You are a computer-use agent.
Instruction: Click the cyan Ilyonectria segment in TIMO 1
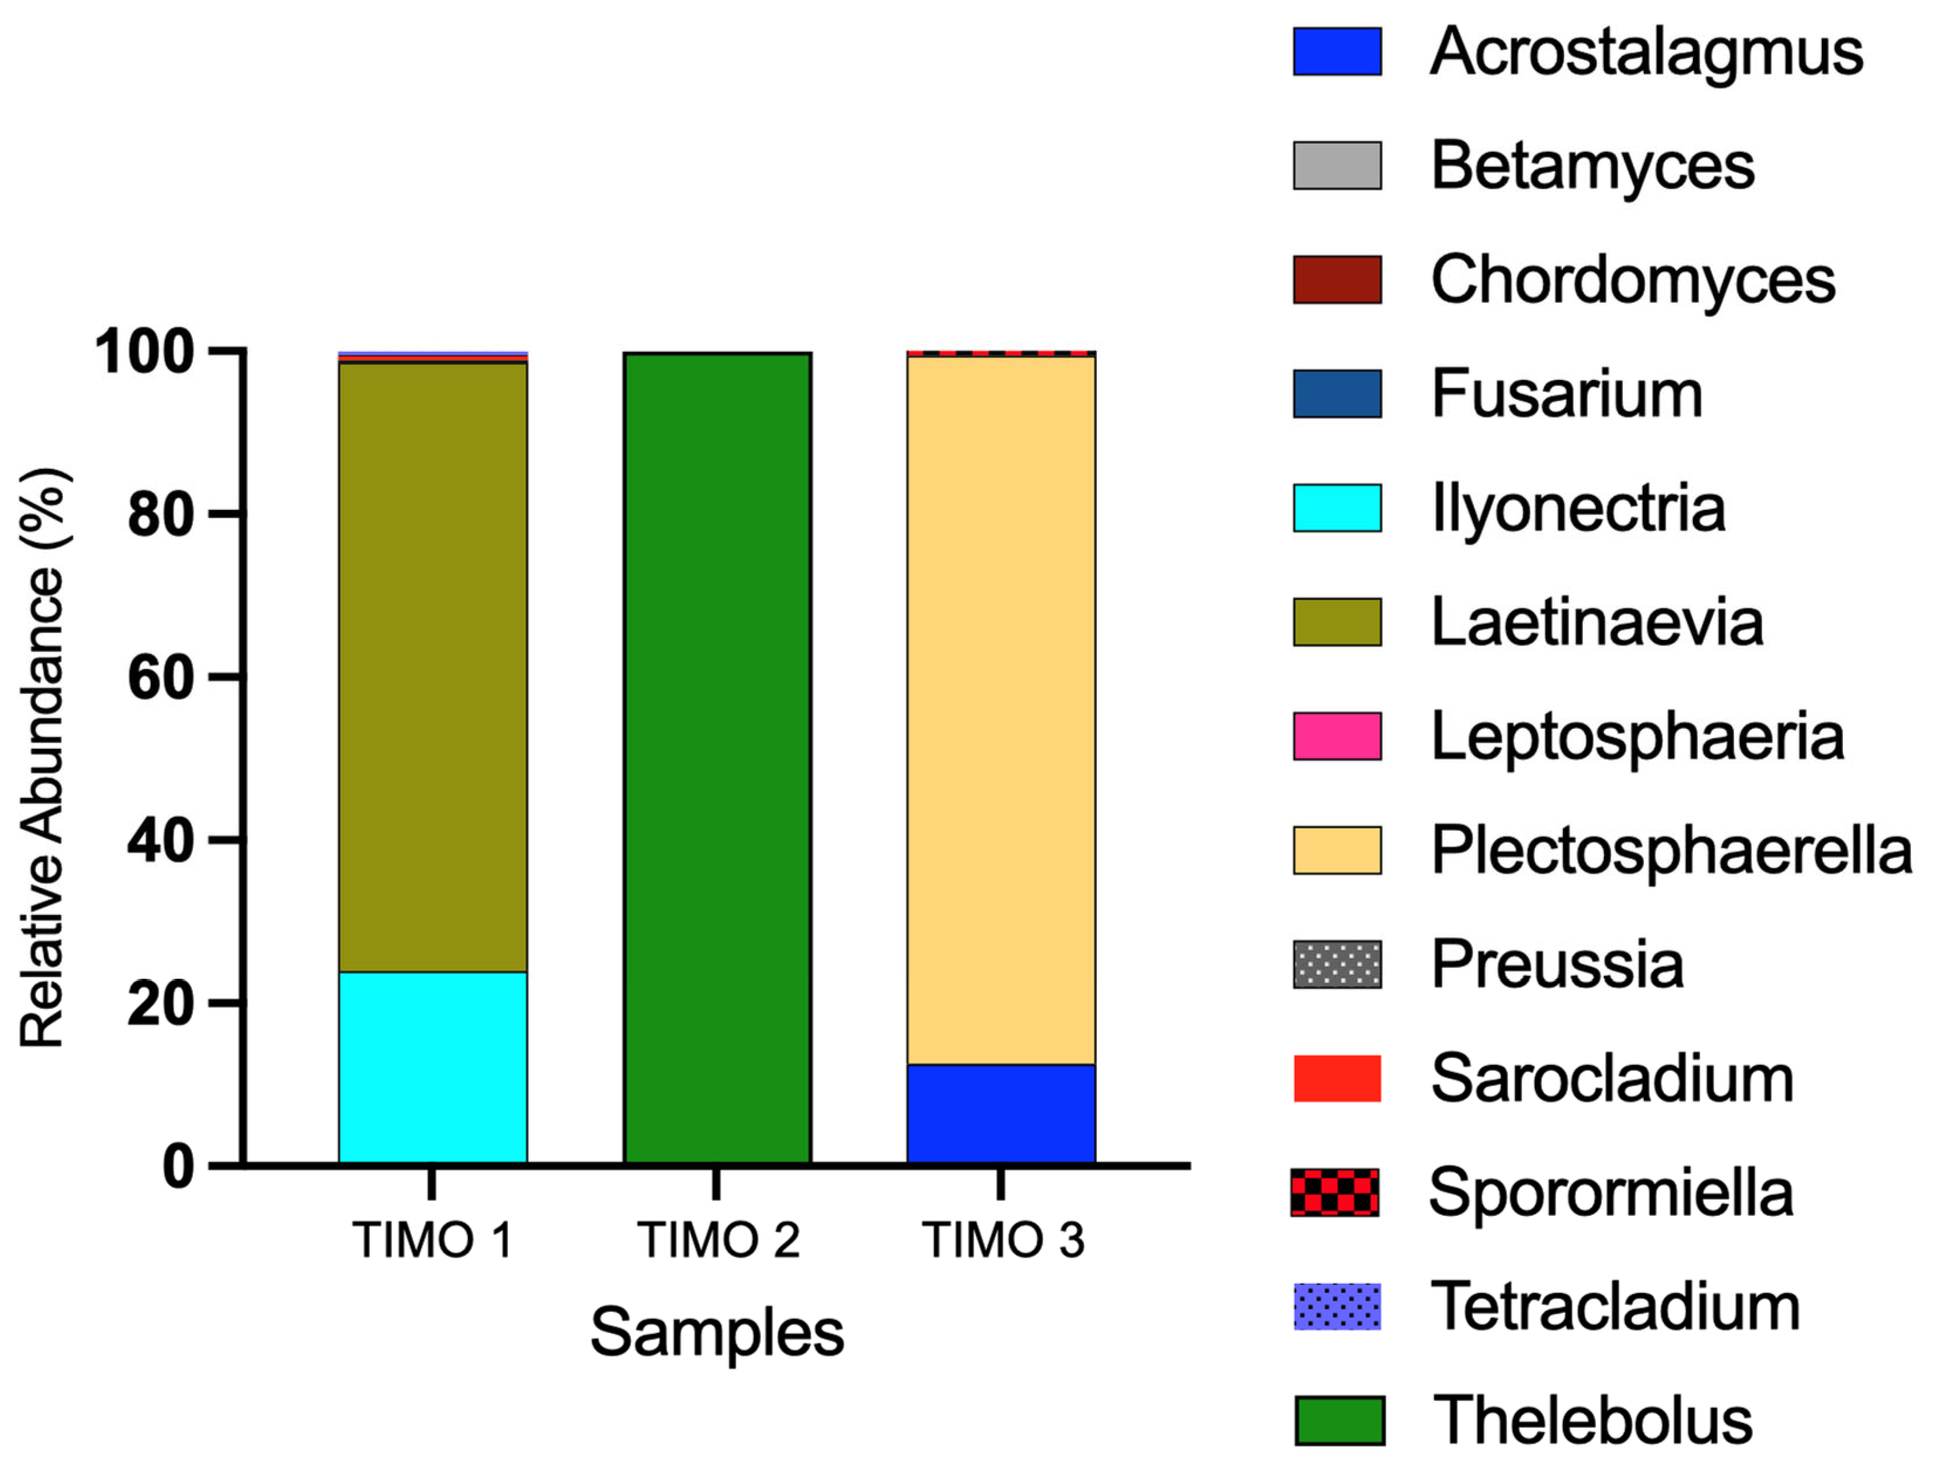click(x=432, y=1068)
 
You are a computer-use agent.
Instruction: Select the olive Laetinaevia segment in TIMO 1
click(x=432, y=667)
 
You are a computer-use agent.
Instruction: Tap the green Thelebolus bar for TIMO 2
click(x=717, y=759)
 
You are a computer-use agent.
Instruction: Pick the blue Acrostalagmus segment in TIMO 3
click(x=1001, y=1115)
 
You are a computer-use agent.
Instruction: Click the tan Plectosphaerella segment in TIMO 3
click(x=1001, y=711)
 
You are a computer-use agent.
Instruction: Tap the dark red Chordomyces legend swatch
click(x=1336, y=280)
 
